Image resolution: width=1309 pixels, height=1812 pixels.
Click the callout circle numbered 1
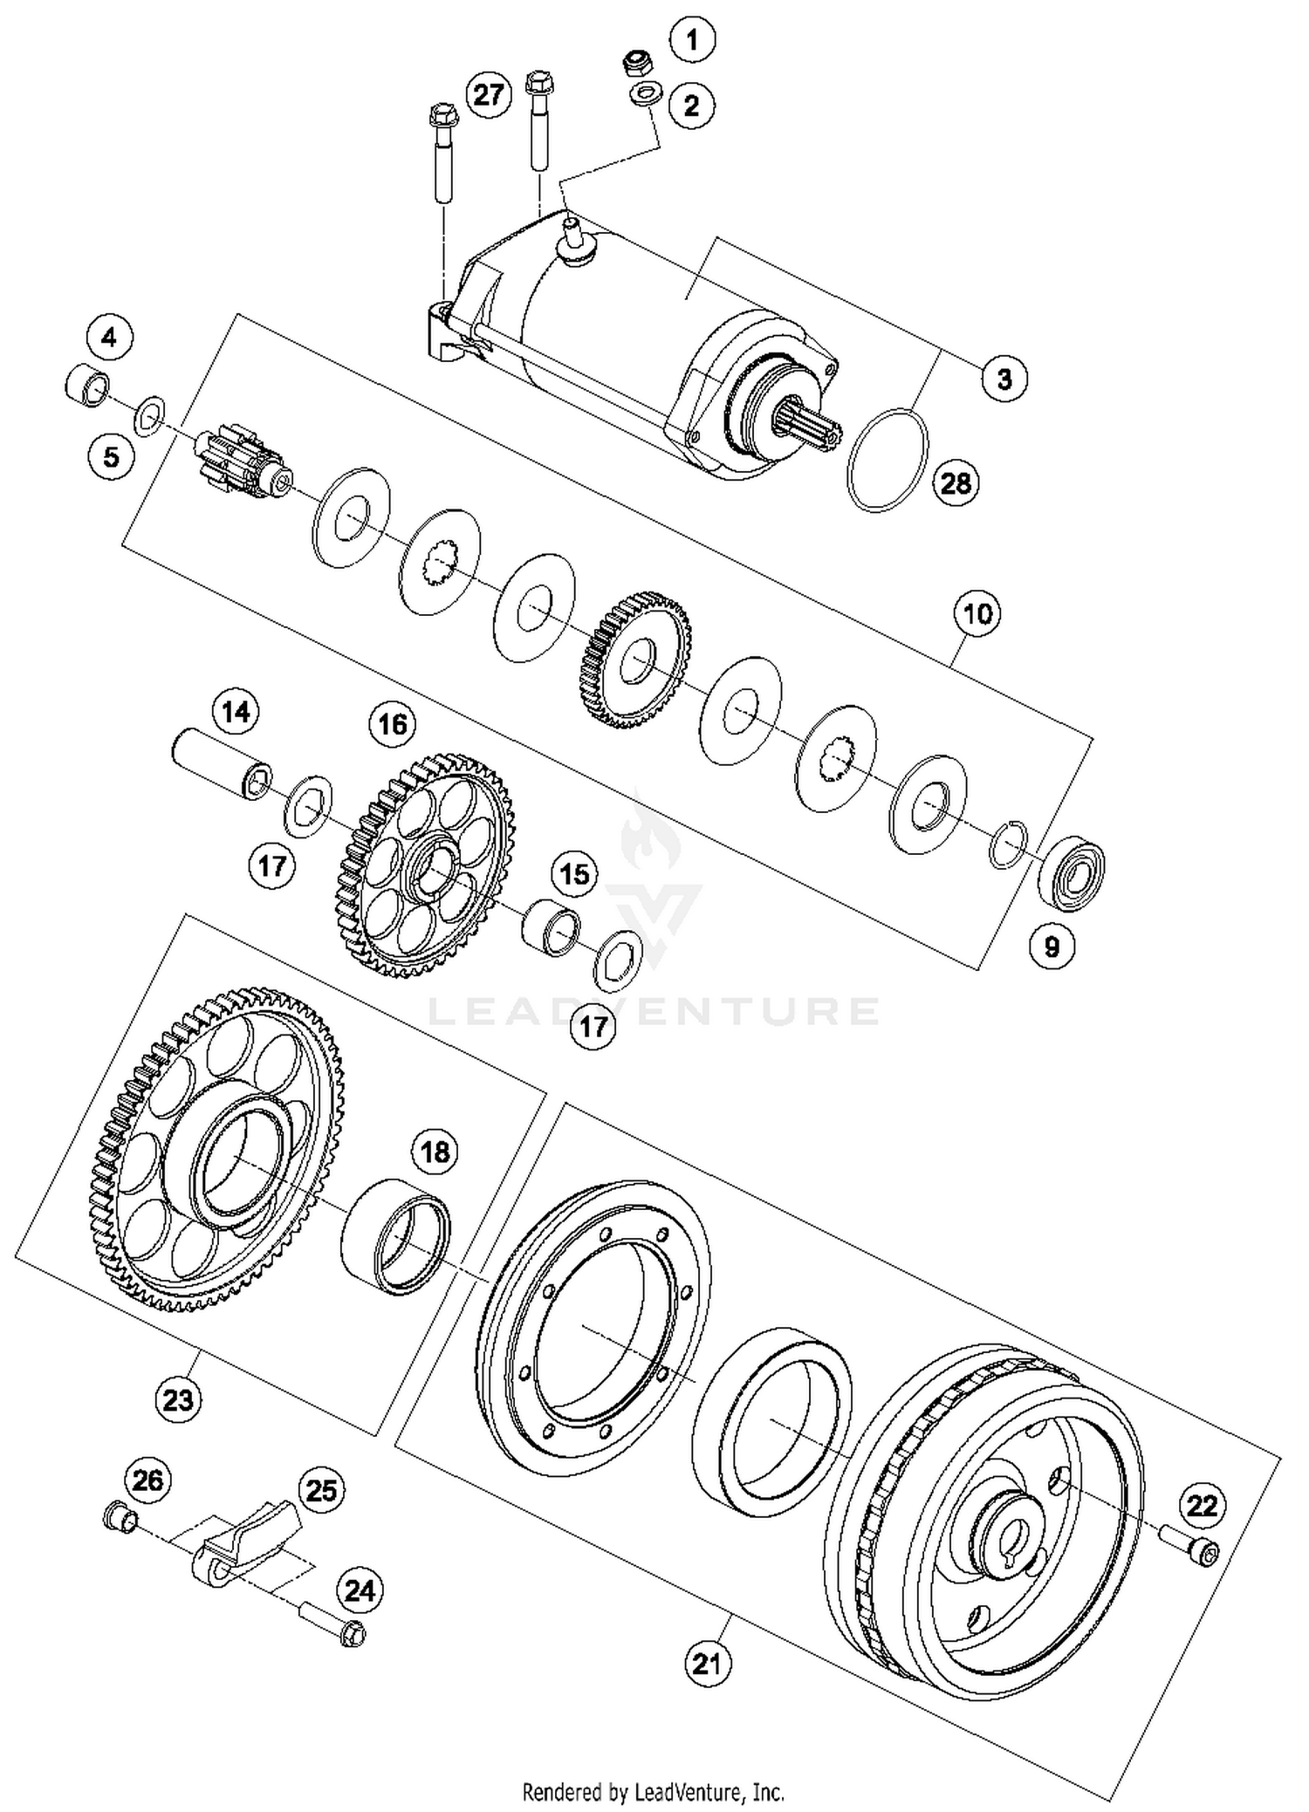pyautogui.click(x=692, y=40)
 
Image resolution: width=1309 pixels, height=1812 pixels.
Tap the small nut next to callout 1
pyautogui.click(x=640, y=64)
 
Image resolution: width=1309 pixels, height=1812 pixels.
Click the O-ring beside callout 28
pyautogui.click(x=887, y=460)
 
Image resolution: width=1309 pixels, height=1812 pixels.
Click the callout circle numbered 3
pyautogui.click(x=1004, y=379)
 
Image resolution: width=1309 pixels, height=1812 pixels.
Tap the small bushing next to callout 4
pyautogui.click(x=87, y=385)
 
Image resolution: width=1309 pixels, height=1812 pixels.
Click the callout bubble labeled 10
pyautogui.click(x=977, y=614)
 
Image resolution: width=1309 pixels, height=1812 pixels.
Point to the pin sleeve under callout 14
pyautogui.click(x=220, y=763)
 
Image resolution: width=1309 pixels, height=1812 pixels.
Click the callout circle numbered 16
pyautogui.click(x=392, y=724)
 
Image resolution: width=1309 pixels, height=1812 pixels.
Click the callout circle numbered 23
pyautogui.click(x=178, y=1400)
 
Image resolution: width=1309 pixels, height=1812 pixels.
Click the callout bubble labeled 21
pyautogui.click(x=707, y=1664)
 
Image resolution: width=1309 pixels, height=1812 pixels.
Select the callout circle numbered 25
pyautogui.click(x=321, y=1490)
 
